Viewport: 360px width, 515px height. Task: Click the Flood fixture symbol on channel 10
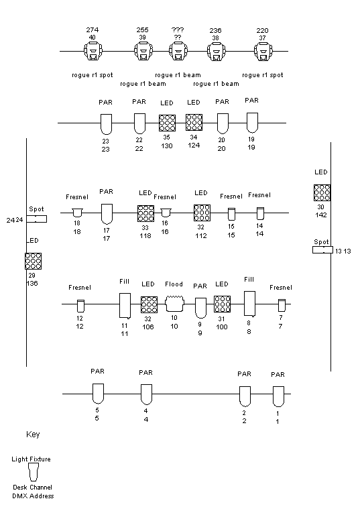point(174,304)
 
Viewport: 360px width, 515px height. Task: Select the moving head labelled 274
point(93,52)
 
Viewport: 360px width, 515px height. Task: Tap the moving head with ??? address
point(178,52)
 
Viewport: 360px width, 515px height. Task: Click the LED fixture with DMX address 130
point(167,123)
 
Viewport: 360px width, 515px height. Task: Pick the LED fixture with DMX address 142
point(322,192)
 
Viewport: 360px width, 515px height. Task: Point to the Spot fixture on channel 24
point(36,219)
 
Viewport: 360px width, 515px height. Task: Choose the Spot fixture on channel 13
point(322,250)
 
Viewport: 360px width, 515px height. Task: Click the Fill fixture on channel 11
point(125,306)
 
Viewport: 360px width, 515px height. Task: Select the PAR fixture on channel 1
point(278,396)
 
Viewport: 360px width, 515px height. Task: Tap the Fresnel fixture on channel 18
point(77,213)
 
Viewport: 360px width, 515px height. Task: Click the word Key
point(33,435)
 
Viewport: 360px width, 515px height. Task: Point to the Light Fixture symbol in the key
point(33,472)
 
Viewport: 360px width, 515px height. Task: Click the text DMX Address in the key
point(33,496)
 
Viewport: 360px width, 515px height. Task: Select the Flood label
point(174,284)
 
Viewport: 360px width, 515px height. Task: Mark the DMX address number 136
point(32,283)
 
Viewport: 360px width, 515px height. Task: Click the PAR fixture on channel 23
point(106,124)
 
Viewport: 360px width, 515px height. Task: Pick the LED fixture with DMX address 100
point(222,304)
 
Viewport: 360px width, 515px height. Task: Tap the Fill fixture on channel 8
point(249,304)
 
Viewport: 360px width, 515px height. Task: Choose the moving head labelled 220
point(263,52)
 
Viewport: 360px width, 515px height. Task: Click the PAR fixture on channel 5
point(98,394)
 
